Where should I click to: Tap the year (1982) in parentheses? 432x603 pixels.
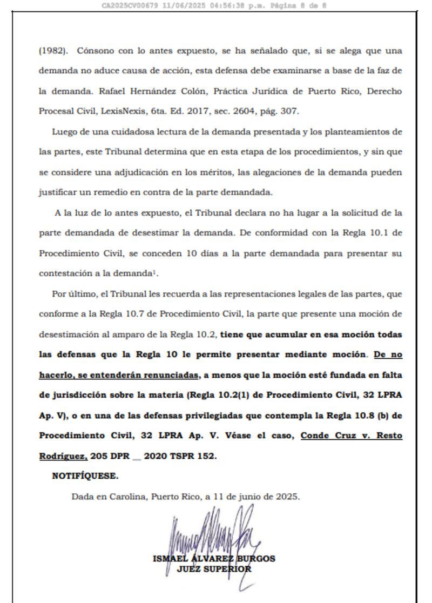pyautogui.click(x=53, y=51)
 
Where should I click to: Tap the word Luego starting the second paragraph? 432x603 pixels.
pyautogui.click(x=64, y=132)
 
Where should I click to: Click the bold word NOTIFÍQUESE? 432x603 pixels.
pyautogui.click(x=85, y=476)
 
